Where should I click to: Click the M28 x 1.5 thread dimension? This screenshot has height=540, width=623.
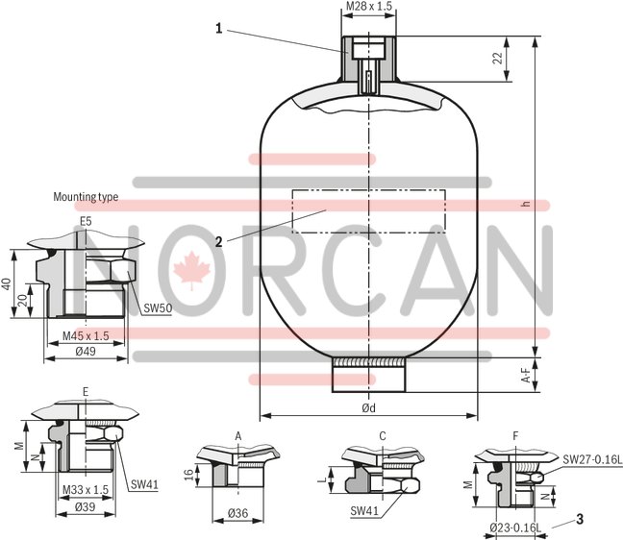pos(369,7)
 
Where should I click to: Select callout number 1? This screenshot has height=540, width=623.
pos(218,29)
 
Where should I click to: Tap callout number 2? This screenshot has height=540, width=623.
pos(219,241)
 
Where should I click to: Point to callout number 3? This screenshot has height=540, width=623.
pos(580,520)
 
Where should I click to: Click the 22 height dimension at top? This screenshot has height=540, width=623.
pos(497,58)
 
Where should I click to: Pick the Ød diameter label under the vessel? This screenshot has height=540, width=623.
pos(368,408)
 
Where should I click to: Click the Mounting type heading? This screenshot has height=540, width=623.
pos(86,197)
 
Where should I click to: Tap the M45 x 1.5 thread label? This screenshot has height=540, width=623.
pos(86,335)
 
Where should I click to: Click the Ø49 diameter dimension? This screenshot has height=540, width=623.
pos(85,352)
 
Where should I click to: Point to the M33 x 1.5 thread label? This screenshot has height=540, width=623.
pos(85,491)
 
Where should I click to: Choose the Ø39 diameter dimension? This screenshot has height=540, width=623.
pos(85,506)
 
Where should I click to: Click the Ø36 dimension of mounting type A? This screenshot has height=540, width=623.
pos(237,514)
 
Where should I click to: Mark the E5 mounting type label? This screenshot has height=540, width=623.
pos(86,221)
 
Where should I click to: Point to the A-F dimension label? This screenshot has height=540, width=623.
pos(526,379)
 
